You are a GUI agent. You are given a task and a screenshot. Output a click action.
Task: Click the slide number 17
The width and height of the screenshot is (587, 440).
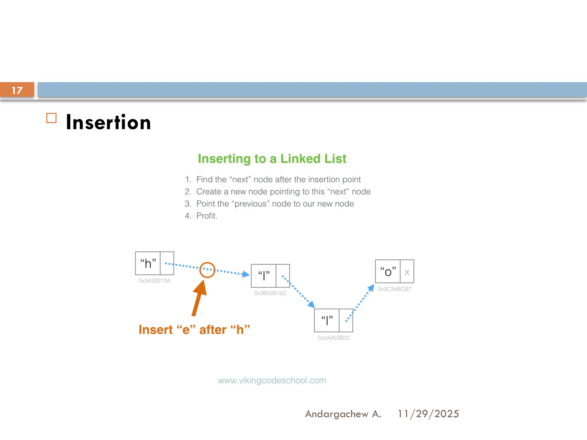tap(17, 90)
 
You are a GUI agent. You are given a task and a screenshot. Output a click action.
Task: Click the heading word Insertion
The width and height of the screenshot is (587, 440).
tap(108, 123)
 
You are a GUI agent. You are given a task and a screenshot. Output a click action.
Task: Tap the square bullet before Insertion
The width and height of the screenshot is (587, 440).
tap(51, 118)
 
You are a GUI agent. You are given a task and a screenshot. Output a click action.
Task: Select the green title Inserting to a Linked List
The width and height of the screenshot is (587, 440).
tap(272, 159)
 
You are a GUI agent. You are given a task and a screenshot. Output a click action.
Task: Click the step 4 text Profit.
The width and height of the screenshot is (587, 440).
tap(206, 216)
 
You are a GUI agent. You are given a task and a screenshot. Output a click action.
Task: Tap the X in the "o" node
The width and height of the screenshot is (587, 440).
tap(407, 272)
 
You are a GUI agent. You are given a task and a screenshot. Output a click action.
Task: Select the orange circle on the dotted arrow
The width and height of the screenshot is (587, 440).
tap(207, 270)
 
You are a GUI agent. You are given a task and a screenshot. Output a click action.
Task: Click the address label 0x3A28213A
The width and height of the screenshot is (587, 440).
tap(154, 281)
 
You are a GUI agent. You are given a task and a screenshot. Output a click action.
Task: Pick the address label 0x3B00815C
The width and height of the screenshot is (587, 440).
tap(270, 293)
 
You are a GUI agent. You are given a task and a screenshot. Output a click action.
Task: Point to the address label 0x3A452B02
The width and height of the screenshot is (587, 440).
tap(333, 338)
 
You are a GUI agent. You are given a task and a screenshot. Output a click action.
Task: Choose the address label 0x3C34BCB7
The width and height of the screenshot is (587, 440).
tap(394, 289)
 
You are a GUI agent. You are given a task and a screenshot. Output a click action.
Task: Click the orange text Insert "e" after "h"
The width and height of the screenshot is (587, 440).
tap(194, 330)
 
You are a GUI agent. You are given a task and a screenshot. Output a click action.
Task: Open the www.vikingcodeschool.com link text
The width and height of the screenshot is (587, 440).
tap(272, 380)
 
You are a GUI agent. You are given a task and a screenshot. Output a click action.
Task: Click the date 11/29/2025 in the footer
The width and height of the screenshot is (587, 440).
tap(428, 414)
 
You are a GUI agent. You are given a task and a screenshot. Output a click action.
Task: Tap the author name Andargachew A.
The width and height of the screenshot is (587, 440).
tap(343, 414)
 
